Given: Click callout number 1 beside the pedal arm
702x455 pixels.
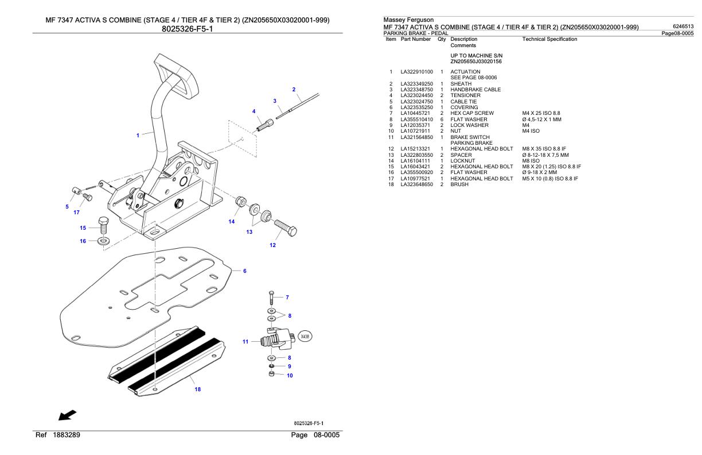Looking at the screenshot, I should point(138,136).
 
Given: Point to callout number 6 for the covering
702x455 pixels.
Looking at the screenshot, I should point(245,271).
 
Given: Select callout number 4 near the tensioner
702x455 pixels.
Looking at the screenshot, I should point(253,111).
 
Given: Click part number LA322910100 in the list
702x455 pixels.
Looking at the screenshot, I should point(416,72).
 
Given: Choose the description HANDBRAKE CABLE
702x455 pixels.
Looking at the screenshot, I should point(475,90).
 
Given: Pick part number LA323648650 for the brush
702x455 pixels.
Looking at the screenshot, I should point(416,184).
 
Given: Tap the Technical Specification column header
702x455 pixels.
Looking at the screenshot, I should point(550,39).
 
